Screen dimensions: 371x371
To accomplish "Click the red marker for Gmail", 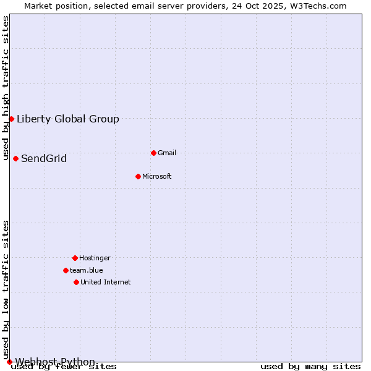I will point(153,153).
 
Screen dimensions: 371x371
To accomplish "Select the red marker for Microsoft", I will point(138,176).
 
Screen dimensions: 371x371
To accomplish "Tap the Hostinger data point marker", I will point(75,258).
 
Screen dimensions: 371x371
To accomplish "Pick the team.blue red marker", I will point(66,270).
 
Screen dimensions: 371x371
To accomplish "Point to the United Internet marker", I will point(76,282).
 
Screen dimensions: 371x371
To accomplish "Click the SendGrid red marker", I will point(15,158).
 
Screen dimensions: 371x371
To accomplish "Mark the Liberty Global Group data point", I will point(11,119).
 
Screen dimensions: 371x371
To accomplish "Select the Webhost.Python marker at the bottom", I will point(9,362).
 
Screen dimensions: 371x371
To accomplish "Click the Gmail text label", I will point(167,153).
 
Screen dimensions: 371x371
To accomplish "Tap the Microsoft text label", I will point(157,176).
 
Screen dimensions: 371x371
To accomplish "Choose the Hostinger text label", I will point(95,258).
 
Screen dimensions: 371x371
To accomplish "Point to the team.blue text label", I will point(87,270).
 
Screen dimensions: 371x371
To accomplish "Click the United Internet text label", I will point(106,282).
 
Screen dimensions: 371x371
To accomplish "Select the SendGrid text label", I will point(44,158).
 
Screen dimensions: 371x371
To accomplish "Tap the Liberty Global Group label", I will point(68,119).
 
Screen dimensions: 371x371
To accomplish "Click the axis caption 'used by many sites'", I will point(310,367).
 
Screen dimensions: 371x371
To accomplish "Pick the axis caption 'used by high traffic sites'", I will point(6,88).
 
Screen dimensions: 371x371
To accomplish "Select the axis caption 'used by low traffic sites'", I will point(6,289).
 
